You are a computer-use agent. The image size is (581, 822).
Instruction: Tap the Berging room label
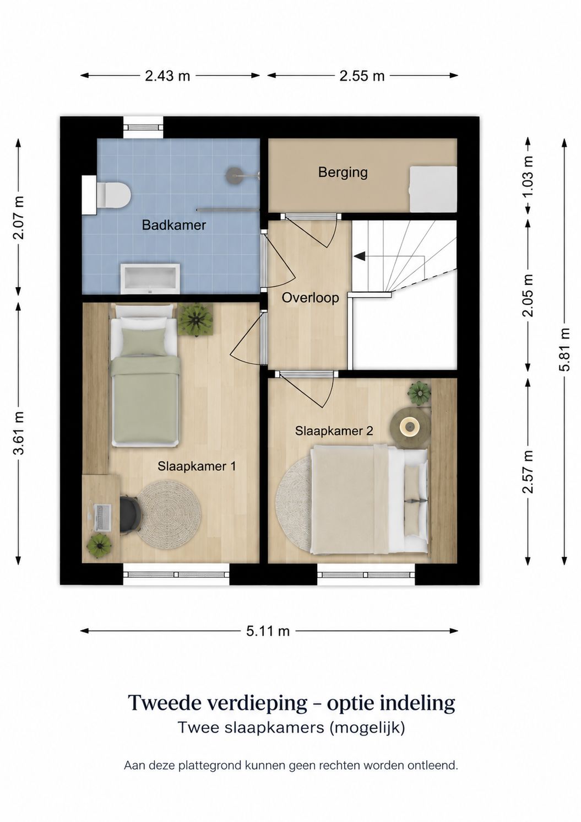coord(343,172)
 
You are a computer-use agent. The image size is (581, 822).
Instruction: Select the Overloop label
coord(310,298)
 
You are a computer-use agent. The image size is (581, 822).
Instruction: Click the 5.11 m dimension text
coord(268,631)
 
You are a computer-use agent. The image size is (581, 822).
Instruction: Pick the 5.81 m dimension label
coord(564,350)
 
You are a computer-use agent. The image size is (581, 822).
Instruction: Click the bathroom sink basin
coord(150,278)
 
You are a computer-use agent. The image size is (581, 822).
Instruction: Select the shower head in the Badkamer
coord(233,174)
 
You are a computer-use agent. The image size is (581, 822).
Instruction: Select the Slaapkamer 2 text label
coord(334,431)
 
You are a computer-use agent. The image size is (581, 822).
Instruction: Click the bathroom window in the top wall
coord(143,127)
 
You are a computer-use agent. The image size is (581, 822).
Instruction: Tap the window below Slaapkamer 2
coord(366,574)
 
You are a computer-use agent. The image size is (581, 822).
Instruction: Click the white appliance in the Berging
coord(433,189)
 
